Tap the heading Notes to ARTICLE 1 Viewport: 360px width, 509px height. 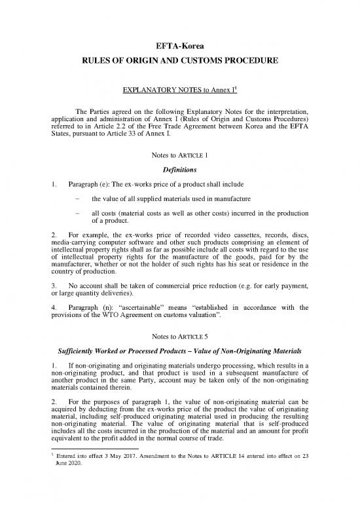click(x=179, y=156)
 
